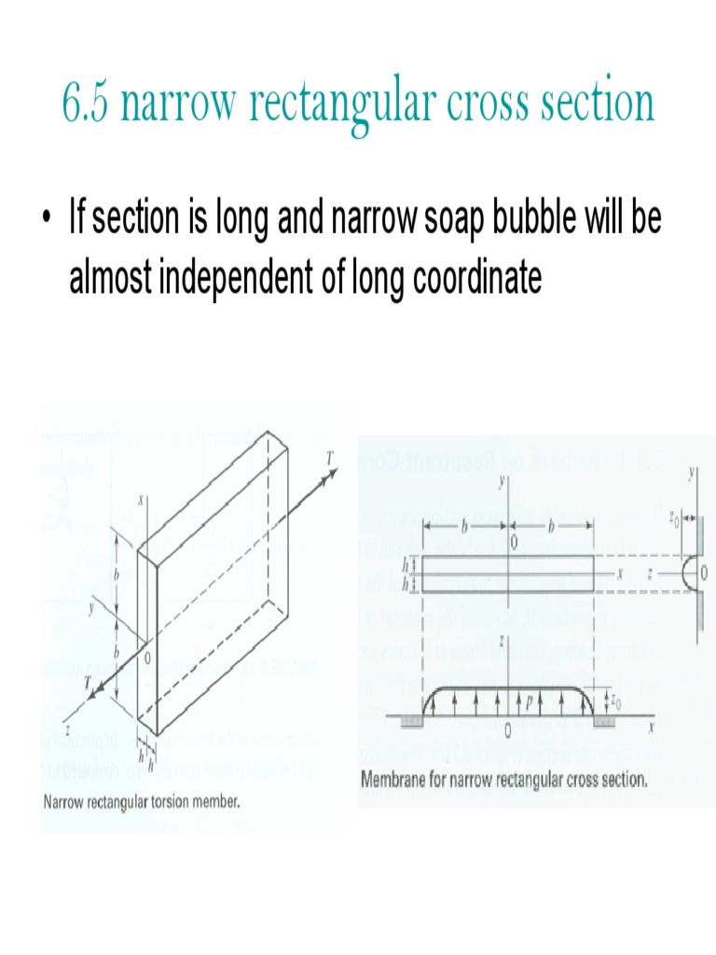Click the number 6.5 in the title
tap(87, 104)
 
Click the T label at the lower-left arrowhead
tap(90, 683)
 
